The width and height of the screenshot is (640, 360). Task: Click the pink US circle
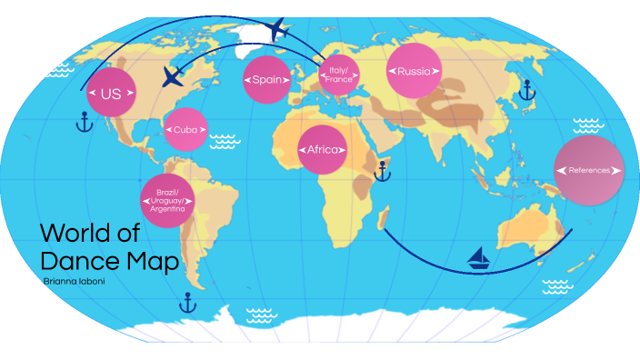click(111, 94)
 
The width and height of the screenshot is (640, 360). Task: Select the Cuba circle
click(185, 129)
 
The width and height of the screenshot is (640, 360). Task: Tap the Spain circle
click(267, 79)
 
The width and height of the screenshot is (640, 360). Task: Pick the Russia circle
click(414, 70)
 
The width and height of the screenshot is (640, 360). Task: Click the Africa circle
click(322, 149)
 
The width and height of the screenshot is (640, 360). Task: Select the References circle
click(589, 170)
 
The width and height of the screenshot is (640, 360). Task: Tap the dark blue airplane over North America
click(172, 76)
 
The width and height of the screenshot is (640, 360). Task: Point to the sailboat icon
click(478, 260)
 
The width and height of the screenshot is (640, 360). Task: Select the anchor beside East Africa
click(383, 170)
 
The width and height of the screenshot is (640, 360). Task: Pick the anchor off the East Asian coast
click(524, 89)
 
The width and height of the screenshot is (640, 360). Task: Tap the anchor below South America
click(188, 302)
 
